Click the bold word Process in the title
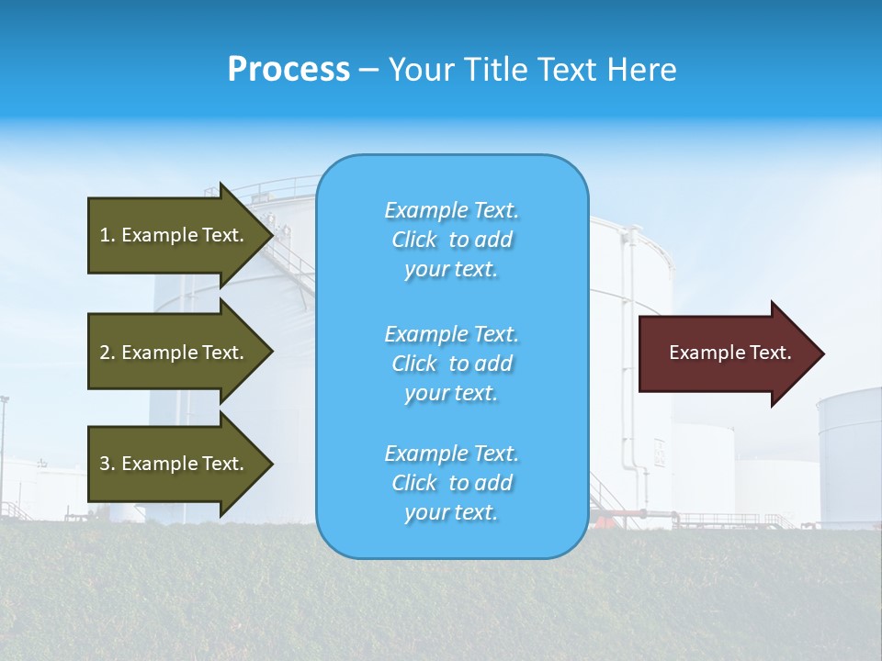coord(288,70)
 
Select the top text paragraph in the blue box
coord(451,240)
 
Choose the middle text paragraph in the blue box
coord(451,364)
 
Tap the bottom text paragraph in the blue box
coord(451,483)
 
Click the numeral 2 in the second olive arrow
coord(105,353)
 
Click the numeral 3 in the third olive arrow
coord(105,464)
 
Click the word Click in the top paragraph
coord(414,240)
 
